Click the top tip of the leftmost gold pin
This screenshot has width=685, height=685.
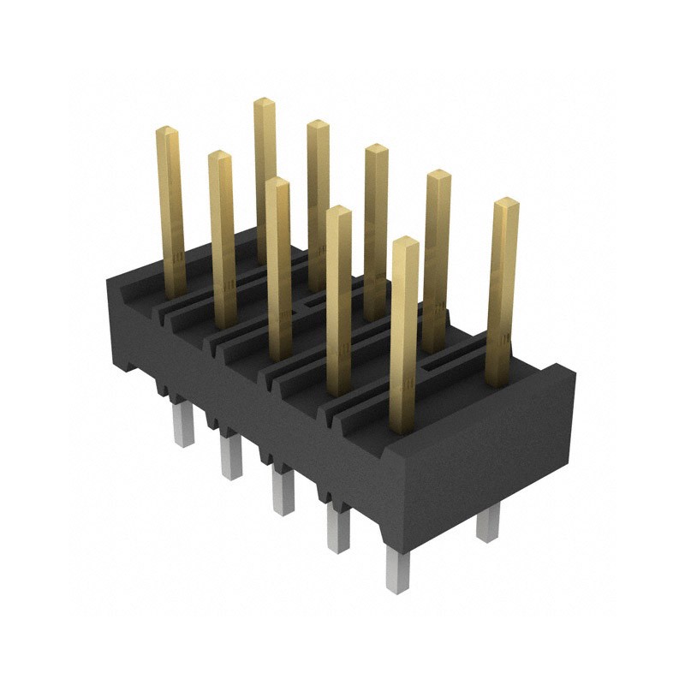(x=166, y=131)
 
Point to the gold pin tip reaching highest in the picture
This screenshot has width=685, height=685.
(x=264, y=103)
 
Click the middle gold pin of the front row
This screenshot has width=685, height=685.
(x=277, y=265)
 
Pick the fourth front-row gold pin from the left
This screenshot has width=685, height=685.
(x=339, y=300)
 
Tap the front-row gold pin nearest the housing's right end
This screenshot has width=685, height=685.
(x=404, y=334)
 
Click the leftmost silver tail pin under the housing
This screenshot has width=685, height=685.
(x=183, y=425)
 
